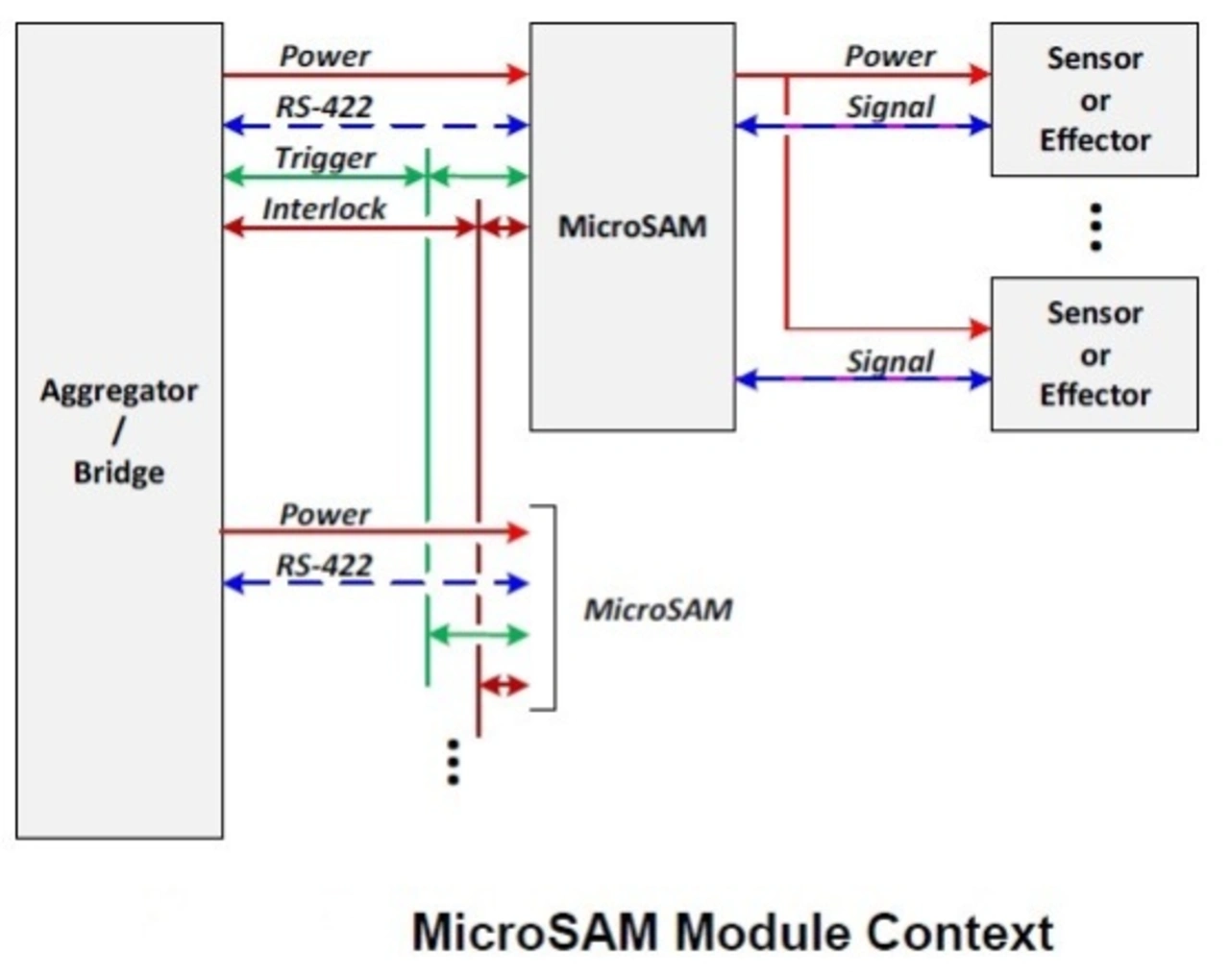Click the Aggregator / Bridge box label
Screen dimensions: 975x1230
[118, 431]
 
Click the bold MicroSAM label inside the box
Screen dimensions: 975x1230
[632, 227]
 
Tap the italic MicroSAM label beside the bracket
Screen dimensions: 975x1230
[658, 609]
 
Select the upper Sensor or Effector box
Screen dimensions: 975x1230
[1095, 100]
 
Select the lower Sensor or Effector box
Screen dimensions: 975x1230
[1095, 354]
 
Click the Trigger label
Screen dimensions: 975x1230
[325, 158]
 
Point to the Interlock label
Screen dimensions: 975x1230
[325, 208]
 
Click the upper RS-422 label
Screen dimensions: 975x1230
[325, 107]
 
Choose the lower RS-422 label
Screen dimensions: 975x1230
[325, 565]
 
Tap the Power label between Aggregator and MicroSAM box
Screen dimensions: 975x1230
[325, 56]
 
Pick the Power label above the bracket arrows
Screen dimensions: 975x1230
[325, 514]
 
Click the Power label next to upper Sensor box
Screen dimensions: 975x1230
[890, 56]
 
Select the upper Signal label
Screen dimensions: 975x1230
[890, 107]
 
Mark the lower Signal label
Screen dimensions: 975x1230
[890, 361]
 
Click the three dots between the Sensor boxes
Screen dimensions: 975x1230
[1095, 227]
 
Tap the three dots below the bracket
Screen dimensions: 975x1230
[453, 762]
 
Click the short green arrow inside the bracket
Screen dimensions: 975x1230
[479, 634]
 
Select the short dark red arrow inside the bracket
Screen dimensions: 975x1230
[504, 686]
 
